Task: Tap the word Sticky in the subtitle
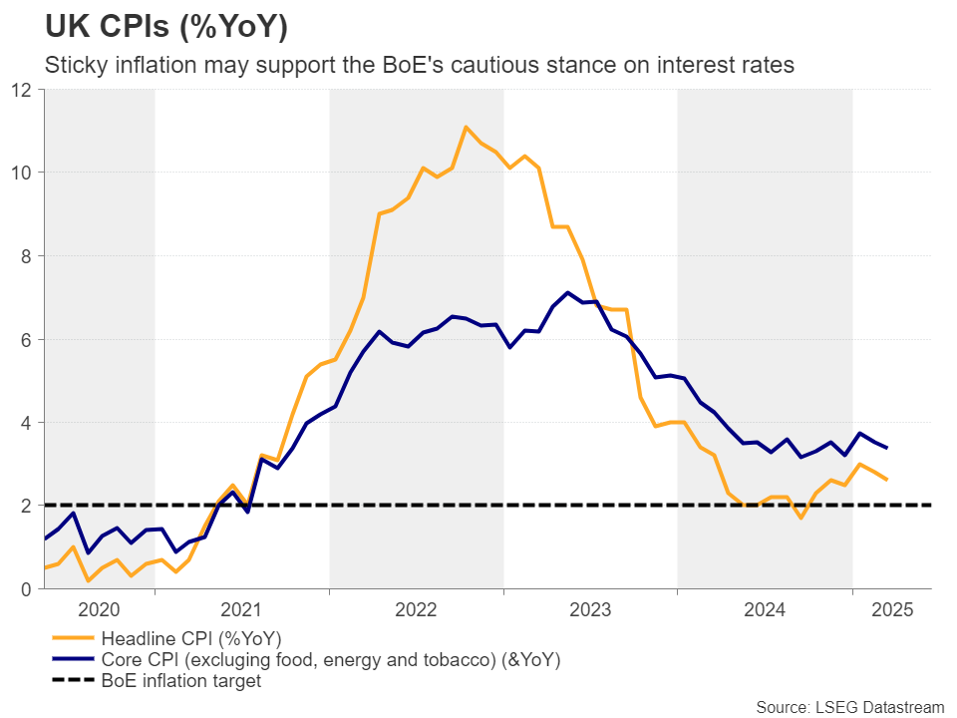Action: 72,65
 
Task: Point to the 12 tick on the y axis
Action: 24,90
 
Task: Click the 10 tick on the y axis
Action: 24,173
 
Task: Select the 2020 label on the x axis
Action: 99,609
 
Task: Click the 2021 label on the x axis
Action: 241,609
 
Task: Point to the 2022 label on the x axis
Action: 417,609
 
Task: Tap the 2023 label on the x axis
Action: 590,609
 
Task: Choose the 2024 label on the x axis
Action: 765,609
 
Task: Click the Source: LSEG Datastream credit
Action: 849,707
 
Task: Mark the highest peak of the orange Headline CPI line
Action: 466,127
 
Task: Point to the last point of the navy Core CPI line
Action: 887,448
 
